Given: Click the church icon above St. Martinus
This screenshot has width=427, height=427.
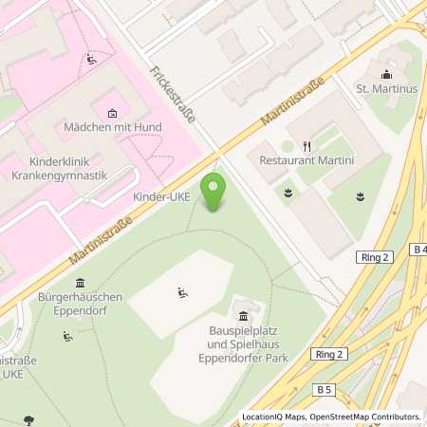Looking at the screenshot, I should pos(386,75).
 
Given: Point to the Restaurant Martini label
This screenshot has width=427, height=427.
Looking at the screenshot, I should pos(306,161).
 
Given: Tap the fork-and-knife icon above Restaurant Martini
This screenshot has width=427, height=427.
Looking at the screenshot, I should pos(306,146).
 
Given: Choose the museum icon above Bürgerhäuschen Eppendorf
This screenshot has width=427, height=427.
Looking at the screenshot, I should pos(80,284).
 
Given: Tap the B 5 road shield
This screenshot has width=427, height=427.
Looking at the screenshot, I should pos(325,389).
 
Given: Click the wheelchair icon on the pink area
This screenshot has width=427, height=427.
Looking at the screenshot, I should pos(91,60).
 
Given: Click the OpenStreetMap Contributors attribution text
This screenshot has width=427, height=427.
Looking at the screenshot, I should pos(366,417).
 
